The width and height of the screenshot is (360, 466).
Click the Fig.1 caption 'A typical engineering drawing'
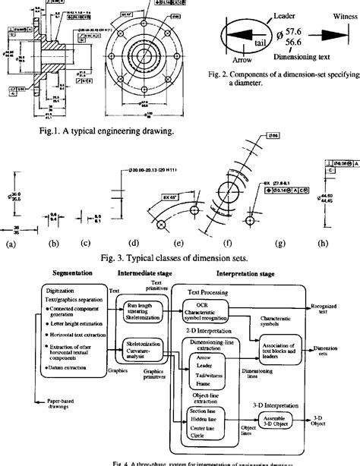(x=112, y=130)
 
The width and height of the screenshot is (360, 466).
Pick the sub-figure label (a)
(x=11, y=244)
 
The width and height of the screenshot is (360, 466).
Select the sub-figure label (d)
(x=134, y=244)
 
